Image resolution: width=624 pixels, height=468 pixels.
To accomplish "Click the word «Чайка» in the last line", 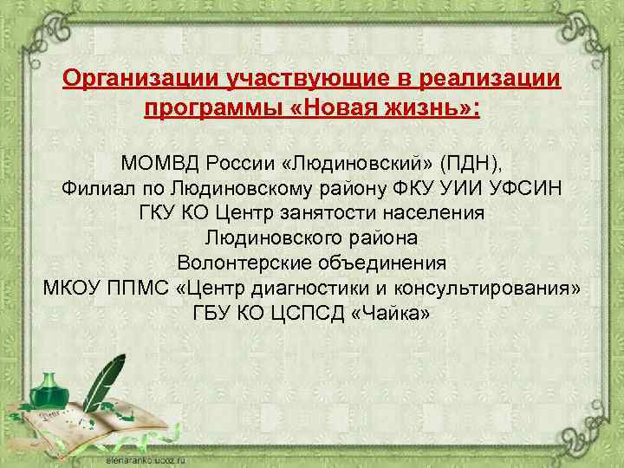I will pyautogui.click(x=391, y=313).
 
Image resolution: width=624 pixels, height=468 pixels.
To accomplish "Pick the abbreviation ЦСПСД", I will pyautogui.click(x=306, y=313).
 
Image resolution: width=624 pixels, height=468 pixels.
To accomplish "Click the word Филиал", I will pyautogui.click(x=94, y=187).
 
